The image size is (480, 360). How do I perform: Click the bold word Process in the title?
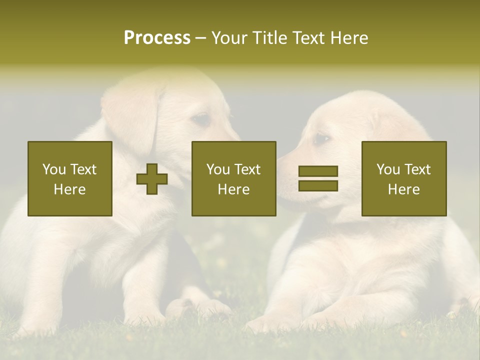click(157, 38)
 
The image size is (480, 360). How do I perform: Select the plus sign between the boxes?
click(152, 178)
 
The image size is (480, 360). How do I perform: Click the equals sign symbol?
click(318, 178)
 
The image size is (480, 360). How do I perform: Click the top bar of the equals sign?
click(318, 171)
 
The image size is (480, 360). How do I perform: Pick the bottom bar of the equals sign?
click(318, 185)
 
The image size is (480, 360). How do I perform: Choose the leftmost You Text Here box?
click(70, 178)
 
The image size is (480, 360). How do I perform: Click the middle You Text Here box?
click(233, 178)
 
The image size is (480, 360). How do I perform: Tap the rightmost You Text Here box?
click(403, 178)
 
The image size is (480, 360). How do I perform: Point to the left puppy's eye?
click(201, 119)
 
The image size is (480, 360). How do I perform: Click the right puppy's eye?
click(321, 138)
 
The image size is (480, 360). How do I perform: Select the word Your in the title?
click(227, 38)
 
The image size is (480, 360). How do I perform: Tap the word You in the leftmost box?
click(53, 169)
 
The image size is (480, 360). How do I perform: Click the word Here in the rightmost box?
click(403, 189)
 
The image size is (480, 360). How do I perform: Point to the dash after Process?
click(201, 38)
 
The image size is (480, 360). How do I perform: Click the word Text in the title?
click(308, 38)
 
